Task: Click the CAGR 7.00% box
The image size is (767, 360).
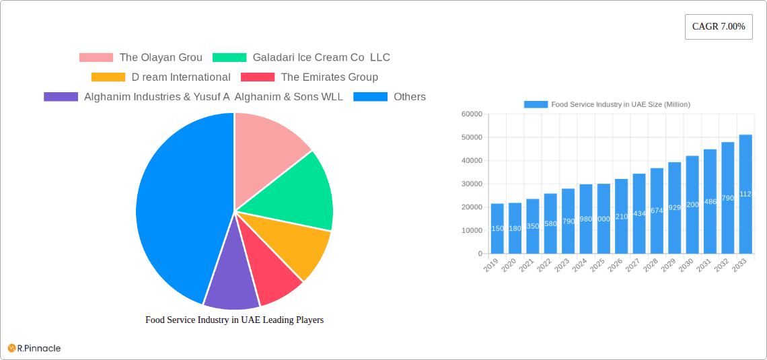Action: [x=719, y=27]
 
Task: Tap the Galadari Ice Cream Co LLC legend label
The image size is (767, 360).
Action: [x=321, y=58]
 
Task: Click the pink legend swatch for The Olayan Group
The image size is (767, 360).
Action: [x=96, y=58]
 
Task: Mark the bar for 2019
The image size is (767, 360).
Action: [x=497, y=228]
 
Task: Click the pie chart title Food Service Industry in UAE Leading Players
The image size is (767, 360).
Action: [x=234, y=320]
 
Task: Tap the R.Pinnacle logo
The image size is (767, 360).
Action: [x=34, y=348]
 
